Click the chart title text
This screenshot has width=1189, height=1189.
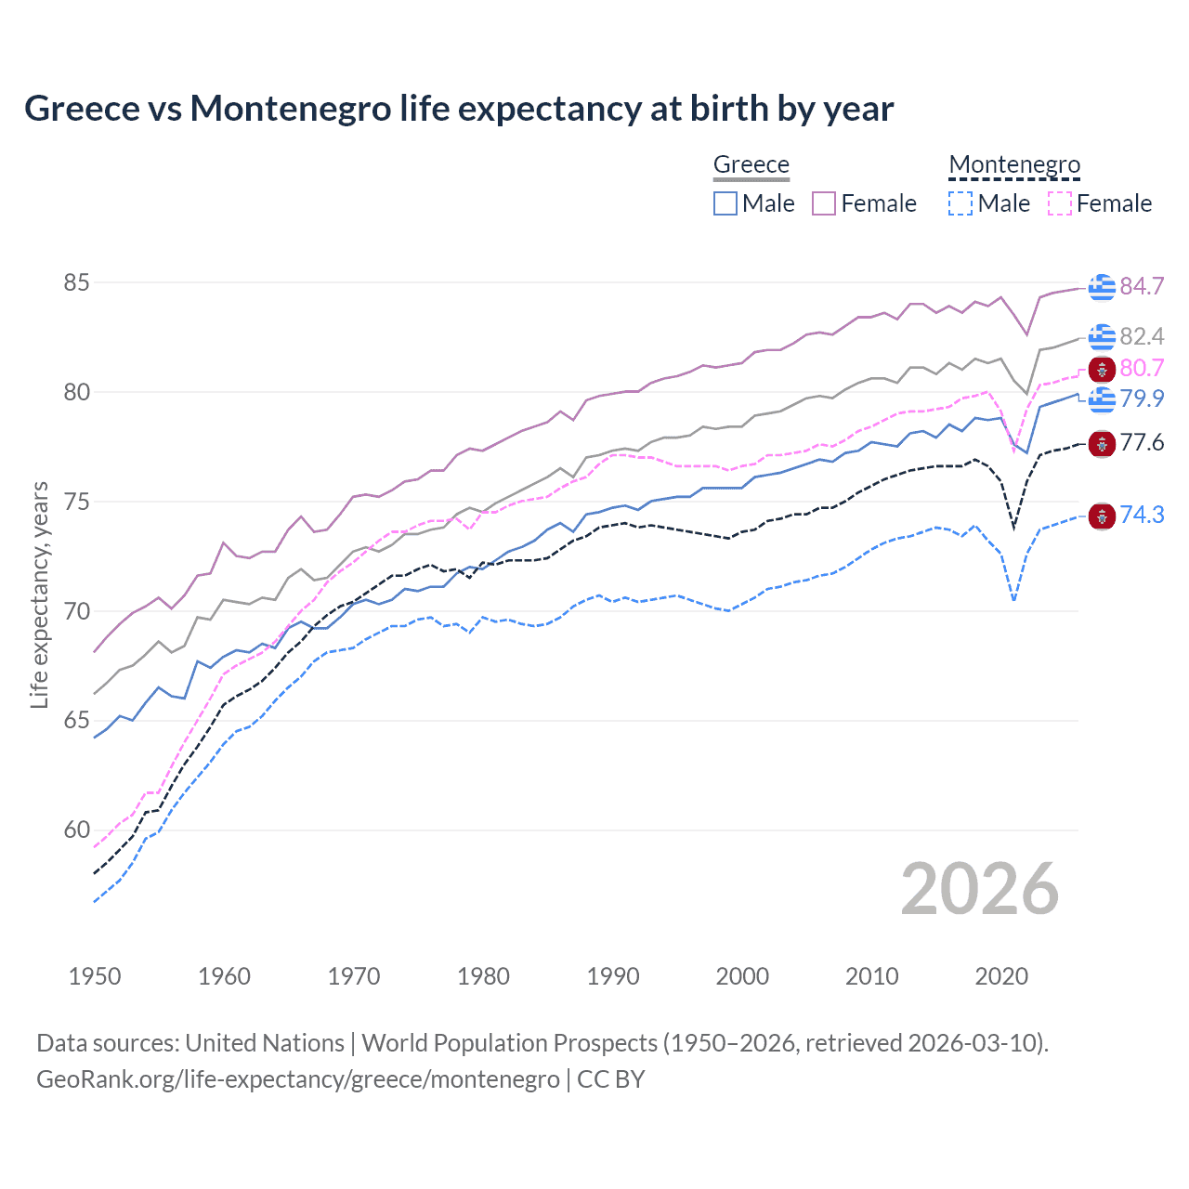tap(459, 109)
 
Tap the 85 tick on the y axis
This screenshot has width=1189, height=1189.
tap(76, 282)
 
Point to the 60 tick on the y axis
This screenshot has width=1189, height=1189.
tap(76, 830)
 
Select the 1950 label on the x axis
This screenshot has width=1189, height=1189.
tap(95, 976)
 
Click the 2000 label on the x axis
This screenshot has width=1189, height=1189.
tap(742, 976)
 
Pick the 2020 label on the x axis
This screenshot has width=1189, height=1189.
tap(1001, 976)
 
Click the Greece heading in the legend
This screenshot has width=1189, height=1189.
tap(751, 164)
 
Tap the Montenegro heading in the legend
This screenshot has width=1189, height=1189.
tap(1014, 164)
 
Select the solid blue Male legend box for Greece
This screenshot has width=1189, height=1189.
tap(725, 203)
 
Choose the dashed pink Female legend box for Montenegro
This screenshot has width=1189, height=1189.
tap(1060, 203)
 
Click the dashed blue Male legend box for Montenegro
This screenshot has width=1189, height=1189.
tap(960, 203)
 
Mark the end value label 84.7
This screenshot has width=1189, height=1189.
tap(1142, 286)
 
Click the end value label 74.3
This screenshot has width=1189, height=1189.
tap(1142, 515)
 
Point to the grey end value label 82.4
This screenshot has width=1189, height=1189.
tap(1142, 336)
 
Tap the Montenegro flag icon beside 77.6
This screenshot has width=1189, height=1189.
tap(1102, 443)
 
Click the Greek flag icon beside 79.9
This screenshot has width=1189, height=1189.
tap(1102, 399)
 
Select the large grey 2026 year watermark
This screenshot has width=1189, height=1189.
tap(980, 889)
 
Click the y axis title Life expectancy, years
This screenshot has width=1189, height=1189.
tap(39, 594)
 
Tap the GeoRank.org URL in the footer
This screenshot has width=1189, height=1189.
tap(297, 1079)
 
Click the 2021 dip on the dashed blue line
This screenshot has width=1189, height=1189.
tap(1013, 599)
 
